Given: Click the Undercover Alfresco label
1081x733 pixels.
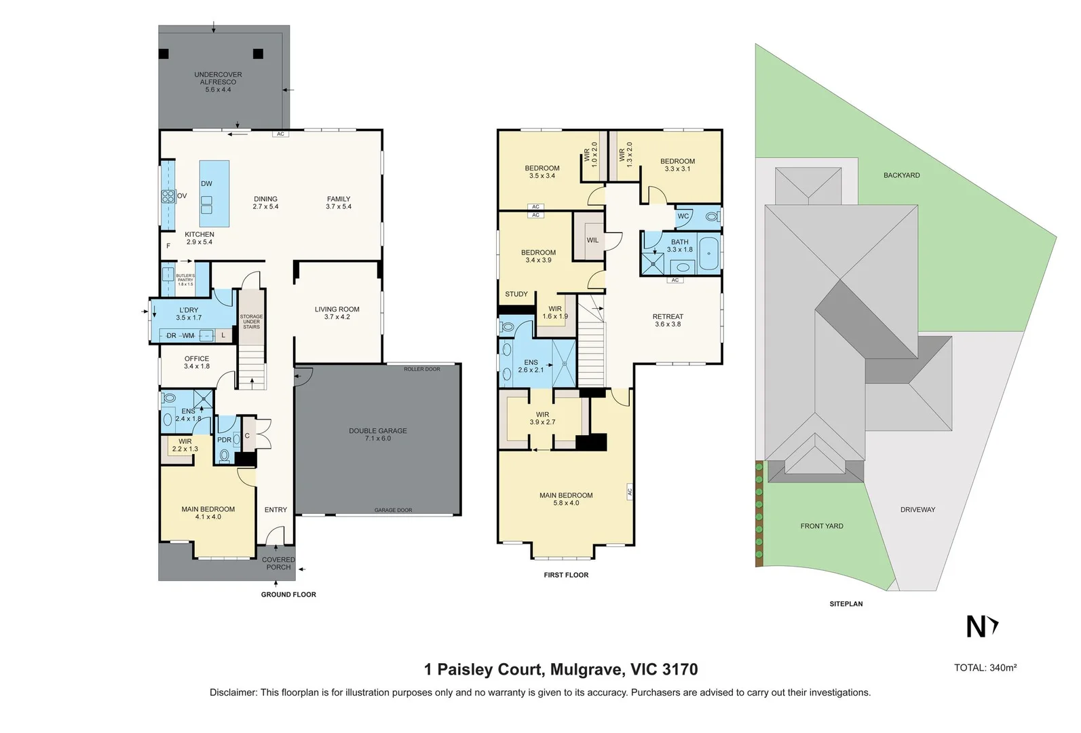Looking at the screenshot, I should coord(218,82).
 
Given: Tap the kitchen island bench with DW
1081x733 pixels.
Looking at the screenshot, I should coord(214,193).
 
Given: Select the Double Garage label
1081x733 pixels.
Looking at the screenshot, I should coord(378,434).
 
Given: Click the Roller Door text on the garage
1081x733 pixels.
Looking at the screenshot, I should coord(422,369).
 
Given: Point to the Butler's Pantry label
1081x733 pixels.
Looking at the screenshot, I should coord(185,280).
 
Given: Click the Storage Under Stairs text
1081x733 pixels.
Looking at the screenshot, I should coord(251,322).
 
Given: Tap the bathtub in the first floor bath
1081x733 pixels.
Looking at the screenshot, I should coord(709,254).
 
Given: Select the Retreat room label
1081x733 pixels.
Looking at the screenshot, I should coord(668,320).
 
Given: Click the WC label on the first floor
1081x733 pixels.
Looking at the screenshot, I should coord(683,217).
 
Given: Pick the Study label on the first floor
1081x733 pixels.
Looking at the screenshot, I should coord(516,294).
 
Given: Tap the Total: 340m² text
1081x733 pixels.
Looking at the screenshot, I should coord(985,668).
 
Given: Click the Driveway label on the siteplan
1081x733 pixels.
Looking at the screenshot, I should coord(917,510).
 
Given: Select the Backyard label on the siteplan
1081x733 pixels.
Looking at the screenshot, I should coord(901,175).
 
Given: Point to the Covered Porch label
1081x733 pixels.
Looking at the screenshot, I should coord(278,563).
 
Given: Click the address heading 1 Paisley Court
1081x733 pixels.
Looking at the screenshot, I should coord(561,670).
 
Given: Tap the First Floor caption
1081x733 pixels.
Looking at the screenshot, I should coord(566,575).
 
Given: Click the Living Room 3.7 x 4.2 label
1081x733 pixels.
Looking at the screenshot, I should coord(337,313).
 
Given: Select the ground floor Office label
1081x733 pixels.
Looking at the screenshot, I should coord(197,362).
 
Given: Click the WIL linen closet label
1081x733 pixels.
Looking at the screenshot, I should coord(592,240).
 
